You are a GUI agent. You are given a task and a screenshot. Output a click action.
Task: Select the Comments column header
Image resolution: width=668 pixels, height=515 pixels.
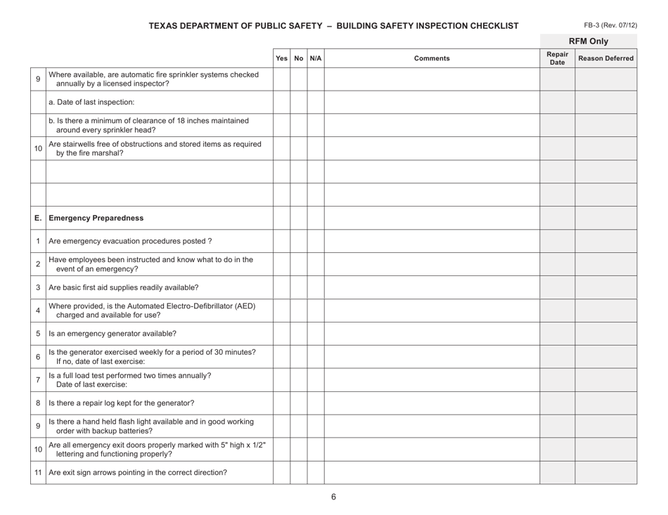click(431, 58)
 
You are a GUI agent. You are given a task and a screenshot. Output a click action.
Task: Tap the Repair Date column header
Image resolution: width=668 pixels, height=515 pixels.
click(557, 58)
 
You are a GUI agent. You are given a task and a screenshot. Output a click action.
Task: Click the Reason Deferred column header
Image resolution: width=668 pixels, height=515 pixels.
click(605, 58)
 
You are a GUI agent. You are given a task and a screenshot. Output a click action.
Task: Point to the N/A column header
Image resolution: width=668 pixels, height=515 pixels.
click(316, 58)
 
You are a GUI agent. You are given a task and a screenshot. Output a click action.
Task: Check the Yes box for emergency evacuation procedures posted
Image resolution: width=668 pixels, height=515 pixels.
click(281, 241)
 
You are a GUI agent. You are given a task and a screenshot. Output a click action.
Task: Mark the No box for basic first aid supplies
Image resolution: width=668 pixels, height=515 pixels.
click(299, 287)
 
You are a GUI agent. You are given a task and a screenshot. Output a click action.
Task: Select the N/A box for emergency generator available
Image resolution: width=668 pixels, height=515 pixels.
click(316, 334)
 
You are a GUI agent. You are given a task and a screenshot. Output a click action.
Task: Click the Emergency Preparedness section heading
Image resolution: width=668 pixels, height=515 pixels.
click(88, 218)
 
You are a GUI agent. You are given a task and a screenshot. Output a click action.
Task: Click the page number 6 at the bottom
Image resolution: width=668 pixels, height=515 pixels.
click(334, 497)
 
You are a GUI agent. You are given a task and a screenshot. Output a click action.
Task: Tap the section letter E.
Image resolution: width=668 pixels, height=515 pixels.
click(37, 218)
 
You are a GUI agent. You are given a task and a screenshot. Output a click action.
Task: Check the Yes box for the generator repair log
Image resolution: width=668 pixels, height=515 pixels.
click(281, 403)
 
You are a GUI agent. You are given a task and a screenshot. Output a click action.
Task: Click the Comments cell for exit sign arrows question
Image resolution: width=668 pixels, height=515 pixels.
click(431, 473)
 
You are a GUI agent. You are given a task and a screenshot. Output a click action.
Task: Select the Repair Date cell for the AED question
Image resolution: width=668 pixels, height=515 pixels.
click(557, 311)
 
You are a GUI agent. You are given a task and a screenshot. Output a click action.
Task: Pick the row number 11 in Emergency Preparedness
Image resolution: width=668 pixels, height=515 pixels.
click(38, 473)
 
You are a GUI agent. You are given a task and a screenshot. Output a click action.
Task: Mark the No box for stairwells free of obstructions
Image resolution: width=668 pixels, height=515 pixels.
click(299, 148)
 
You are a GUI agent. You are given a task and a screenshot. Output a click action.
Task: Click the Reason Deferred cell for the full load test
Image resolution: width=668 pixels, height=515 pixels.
click(605, 380)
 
